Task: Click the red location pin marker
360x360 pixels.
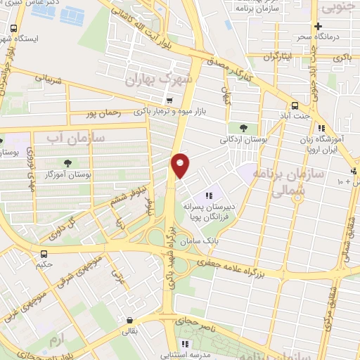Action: [181, 165]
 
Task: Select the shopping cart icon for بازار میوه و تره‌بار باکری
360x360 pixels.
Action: [169, 100]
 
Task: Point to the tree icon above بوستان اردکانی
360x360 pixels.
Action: [243, 128]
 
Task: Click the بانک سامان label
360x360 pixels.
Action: [195, 241]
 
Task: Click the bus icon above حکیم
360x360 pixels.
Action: [44, 254]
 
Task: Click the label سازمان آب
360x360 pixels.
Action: [75, 138]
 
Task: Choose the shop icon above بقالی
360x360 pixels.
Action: [131, 316]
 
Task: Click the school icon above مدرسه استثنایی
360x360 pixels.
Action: [186, 344]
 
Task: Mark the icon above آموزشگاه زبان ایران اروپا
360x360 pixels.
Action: [321, 129]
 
